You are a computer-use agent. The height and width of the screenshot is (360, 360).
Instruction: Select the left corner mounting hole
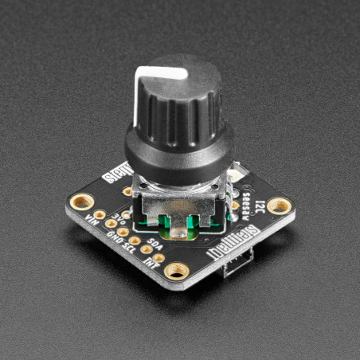(81, 201)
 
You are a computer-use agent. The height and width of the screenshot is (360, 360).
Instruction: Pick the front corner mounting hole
(176, 272)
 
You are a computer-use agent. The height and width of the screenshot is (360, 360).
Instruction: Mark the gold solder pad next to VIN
(100, 215)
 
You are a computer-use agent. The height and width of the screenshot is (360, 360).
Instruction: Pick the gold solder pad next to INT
(159, 258)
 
